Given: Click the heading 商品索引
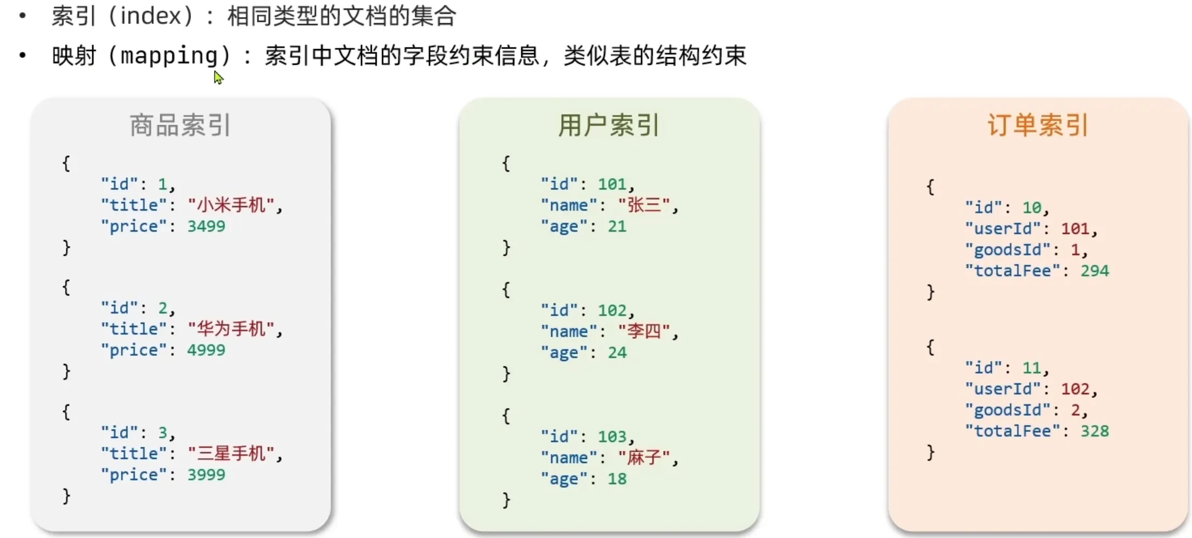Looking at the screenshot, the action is coord(180,125).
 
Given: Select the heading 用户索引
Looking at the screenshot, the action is coord(608,125).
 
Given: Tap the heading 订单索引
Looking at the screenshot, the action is coord(1038,125).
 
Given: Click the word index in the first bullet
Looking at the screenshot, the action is coord(151,16).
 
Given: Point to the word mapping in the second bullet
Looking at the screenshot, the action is coord(169,56).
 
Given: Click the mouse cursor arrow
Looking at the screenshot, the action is coord(218,78).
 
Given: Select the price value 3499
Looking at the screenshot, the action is coord(206,226).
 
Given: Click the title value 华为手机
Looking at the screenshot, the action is coord(231,329).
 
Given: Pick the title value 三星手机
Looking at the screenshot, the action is coord(231,453).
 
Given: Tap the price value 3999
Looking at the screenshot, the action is coord(206,475).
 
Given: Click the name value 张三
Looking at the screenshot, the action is coord(644,205).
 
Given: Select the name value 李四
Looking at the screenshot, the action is coord(644,331).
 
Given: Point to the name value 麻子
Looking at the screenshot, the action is coord(644,458).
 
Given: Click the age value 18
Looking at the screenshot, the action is coord(617,479).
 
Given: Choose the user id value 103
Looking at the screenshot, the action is coord(612,437).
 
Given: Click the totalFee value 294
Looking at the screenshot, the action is coord(1094,271).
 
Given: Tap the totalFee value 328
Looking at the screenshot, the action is coord(1094,431).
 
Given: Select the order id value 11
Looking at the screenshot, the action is coord(1032,368).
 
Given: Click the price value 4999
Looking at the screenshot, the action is coord(206,350).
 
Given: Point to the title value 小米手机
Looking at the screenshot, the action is coord(231,205).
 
